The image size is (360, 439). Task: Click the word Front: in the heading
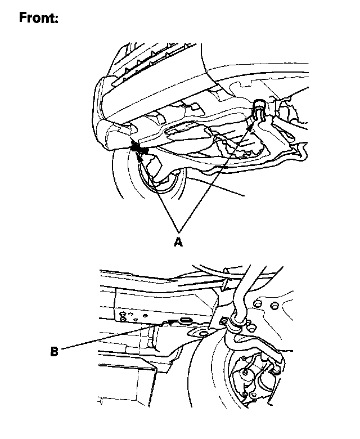click(x=39, y=17)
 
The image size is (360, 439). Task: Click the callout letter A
click(x=178, y=241)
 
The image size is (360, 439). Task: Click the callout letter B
click(x=54, y=351)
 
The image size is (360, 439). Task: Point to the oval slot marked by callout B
click(x=185, y=320)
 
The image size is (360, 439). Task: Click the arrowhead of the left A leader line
click(x=140, y=157)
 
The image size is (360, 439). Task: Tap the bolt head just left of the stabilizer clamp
click(x=224, y=321)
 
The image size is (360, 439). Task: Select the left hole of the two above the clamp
click(x=256, y=303)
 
